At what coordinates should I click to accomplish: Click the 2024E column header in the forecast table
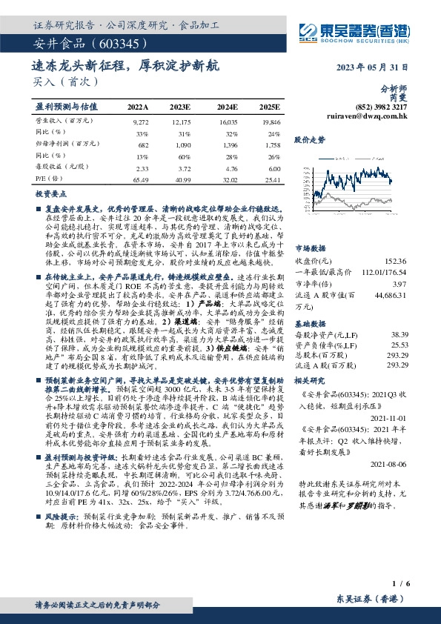[x=226, y=107]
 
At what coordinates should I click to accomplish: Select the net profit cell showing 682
[x=144, y=145]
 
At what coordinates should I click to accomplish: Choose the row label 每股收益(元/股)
[x=59, y=168]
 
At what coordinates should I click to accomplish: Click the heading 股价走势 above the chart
[x=310, y=139]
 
